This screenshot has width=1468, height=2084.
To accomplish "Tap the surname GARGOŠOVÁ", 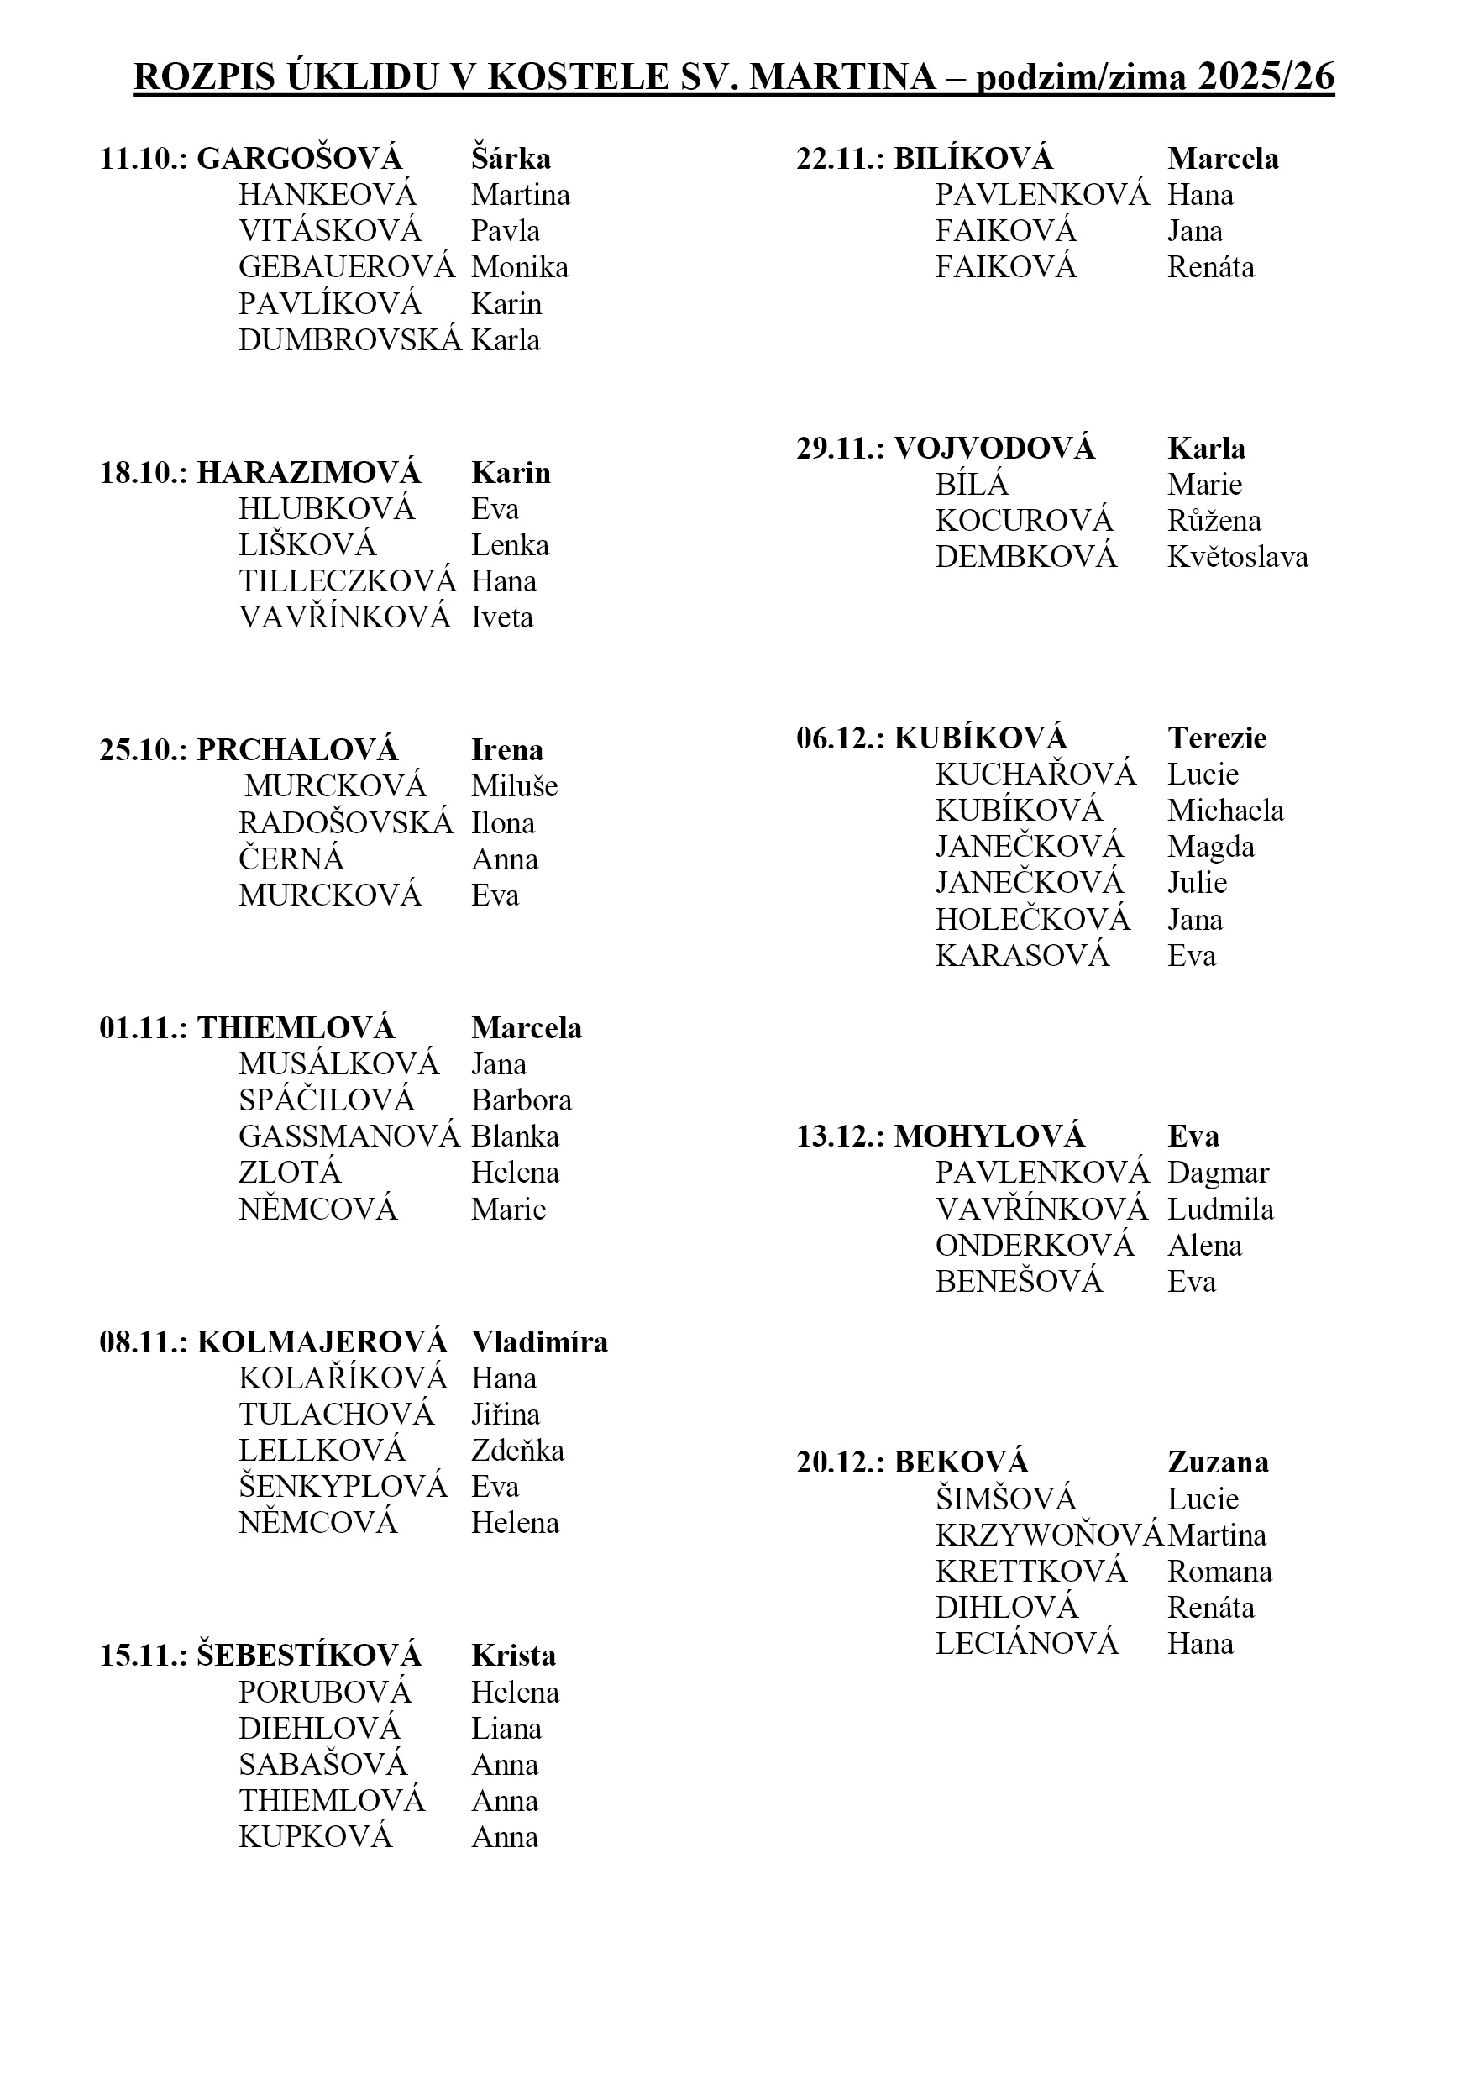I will (x=300, y=159).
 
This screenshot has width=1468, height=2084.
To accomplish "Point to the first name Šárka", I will (x=511, y=159).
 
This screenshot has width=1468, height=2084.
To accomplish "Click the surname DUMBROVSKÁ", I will (x=350, y=340).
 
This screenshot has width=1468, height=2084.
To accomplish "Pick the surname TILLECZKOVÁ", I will (x=348, y=581).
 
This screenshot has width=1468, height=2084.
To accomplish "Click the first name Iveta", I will (x=501, y=617).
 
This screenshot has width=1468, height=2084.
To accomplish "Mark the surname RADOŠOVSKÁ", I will (x=346, y=823).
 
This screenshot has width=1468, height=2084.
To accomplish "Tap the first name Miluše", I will (x=515, y=786).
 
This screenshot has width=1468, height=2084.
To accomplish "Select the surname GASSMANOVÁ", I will (x=349, y=1136).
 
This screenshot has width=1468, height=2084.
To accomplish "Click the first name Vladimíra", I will (x=540, y=1342).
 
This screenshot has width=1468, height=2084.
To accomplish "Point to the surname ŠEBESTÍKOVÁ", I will (x=309, y=1656).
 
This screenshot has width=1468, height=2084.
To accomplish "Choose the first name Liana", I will (x=506, y=1728).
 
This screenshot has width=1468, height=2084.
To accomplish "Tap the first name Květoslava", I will (x=1238, y=556).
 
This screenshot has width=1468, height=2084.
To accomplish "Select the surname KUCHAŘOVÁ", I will (x=1035, y=774).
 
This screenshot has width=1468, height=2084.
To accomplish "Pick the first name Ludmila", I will (x=1220, y=1209).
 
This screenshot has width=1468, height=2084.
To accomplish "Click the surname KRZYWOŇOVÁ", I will (x=1049, y=1535).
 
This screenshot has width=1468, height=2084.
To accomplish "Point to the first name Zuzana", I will (x=1218, y=1462).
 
